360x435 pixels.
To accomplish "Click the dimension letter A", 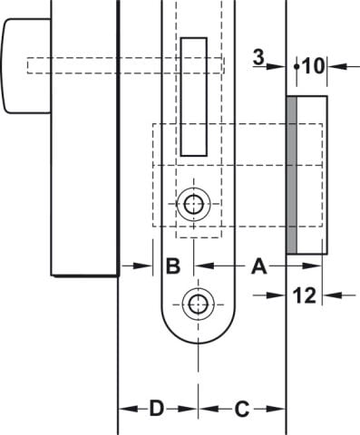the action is coord(259,266).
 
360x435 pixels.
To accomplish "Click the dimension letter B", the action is coord(173,266).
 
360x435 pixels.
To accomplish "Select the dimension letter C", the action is coord(242,410).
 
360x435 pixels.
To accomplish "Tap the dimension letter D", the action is coord(157,409).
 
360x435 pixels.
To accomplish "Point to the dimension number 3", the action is coord(258,57).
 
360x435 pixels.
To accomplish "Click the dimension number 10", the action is coord(313,66).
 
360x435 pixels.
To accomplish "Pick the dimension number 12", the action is coord(305,295).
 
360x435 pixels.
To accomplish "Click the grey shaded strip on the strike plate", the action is coord(291,175).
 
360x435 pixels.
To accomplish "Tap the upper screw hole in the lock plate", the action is coord(193,204).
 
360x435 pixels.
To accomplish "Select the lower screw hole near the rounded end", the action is coord(198,304).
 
